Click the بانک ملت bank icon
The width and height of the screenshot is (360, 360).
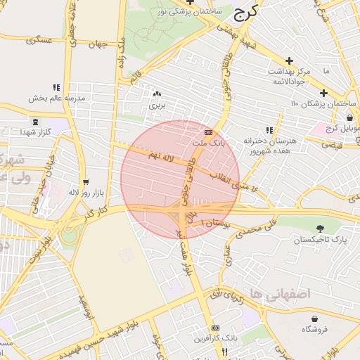tap(207, 131)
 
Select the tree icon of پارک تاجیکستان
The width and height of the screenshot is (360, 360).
tap(321, 229)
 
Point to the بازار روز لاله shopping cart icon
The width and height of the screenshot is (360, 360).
tap(86, 181)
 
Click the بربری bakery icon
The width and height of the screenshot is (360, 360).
tap(156, 93)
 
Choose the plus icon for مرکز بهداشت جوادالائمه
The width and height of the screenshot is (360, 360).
tap(289, 60)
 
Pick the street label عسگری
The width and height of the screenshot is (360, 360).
tap(40, 40)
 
